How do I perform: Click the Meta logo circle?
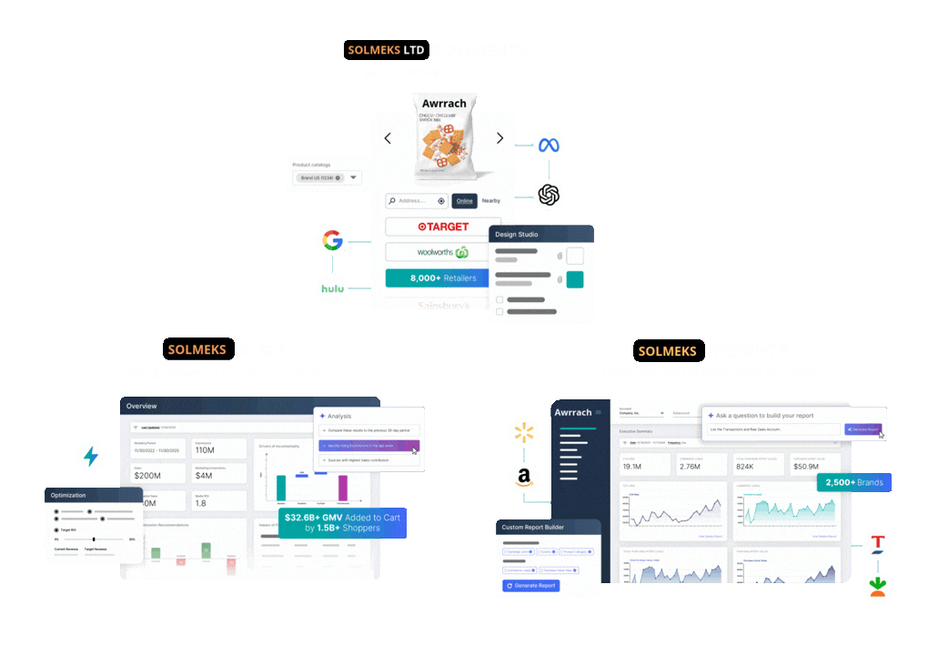(x=548, y=145)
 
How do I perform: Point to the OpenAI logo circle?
(x=548, y=194)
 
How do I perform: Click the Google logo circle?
(x=333, y=241)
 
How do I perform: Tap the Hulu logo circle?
(x=333, y=289)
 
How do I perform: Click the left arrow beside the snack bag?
(x=388, y=138)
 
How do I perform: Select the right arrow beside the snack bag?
(x=499, y=138)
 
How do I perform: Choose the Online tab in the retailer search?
(x=464, y=201)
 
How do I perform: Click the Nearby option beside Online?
(x=491, y=201)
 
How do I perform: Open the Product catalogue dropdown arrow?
(x=354, y=178)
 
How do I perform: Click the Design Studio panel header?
(x=540, y=235)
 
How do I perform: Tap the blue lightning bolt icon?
(x=91, y=456)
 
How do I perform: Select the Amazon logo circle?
(x=525, y=476)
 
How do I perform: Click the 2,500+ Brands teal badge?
(x=853, y=482)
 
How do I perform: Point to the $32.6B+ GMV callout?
(x=342, y=522)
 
